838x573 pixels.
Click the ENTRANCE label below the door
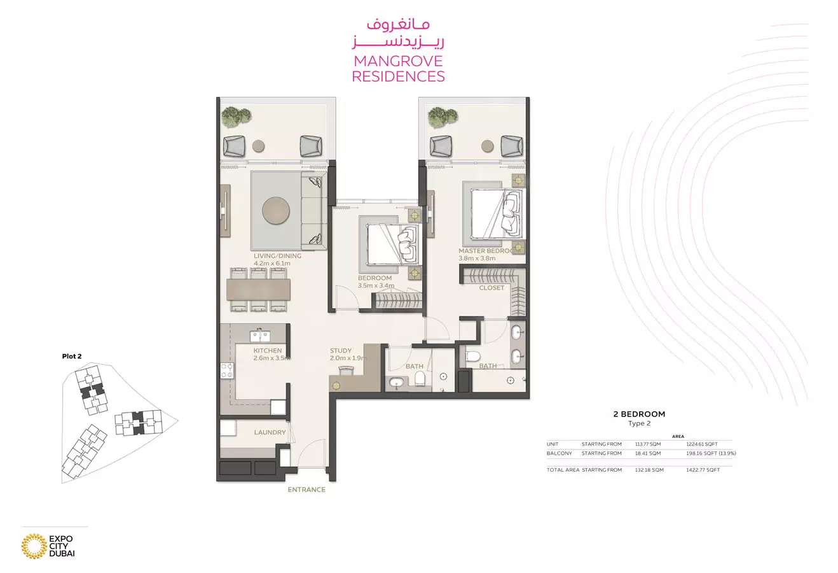[306, 490]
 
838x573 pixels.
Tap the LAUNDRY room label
[270, 432]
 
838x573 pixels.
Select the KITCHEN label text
[268, 351]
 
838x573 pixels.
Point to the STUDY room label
[340, 351]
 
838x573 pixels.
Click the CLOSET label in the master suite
[491, 288]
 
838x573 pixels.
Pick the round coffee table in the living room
[276, 211]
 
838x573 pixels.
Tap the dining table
[258, 290]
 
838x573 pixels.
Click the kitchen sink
[259, 336]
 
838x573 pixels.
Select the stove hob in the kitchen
[227, 370]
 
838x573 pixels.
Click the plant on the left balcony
[236, 117]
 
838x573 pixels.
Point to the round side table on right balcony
[487, 146]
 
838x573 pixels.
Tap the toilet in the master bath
[472, 357]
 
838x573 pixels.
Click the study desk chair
[346, 371]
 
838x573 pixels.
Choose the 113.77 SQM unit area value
[648, 444]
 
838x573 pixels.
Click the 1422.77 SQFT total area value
[703, 470]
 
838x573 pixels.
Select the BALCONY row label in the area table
[560, 453]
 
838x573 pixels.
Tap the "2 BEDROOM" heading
[639, 414]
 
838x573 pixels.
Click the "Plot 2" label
[72, 356]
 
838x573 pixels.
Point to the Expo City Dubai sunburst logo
[34, 546]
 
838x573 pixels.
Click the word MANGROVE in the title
[398, 61]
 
